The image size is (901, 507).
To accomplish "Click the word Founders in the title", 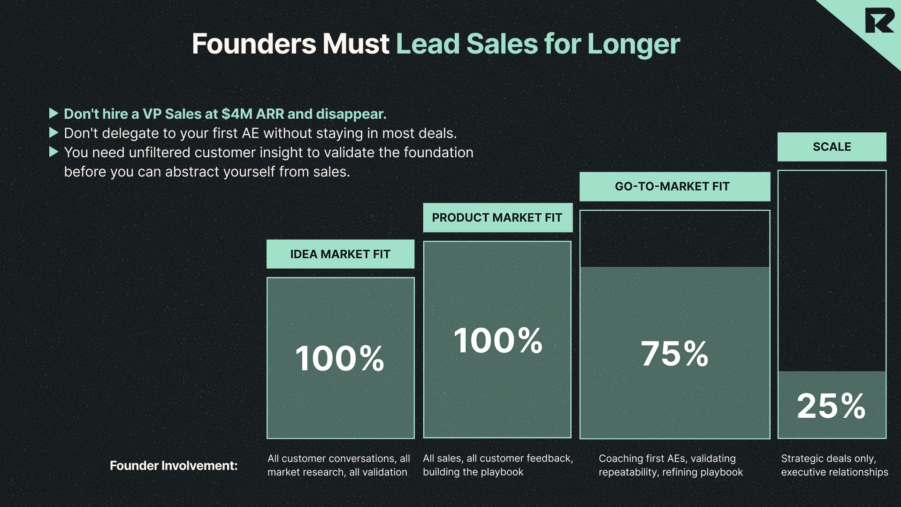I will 254,44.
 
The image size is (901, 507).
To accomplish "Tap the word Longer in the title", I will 633,44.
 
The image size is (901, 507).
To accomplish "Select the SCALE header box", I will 832,147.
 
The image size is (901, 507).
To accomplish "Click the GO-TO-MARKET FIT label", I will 672,186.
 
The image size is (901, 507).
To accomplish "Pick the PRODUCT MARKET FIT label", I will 497,218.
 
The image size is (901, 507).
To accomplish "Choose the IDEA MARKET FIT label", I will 340,254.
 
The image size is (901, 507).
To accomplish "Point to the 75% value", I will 674,353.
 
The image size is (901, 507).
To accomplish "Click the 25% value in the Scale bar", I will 831,406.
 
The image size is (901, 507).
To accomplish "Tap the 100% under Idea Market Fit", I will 340,359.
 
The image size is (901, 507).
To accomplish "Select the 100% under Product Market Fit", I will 498,340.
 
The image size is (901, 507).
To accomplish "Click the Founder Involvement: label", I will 174,466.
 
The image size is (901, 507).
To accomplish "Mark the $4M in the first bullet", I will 237,114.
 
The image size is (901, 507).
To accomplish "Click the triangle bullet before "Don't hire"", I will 53,114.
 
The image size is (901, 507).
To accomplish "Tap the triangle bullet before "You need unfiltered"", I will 53,152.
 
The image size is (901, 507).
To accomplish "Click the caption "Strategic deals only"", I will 828,459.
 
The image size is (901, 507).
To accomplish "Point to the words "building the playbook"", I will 473,472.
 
